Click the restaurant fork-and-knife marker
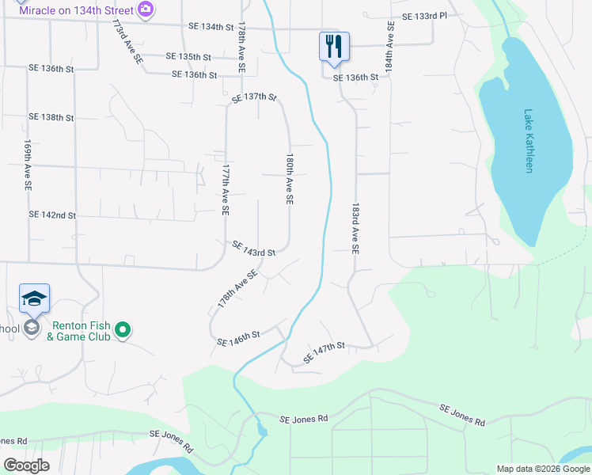[333, 46]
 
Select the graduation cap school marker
[34, 298]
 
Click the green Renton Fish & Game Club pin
[122, 329]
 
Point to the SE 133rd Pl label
[424, 16]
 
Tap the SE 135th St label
[189, 57]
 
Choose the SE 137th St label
[254, 97]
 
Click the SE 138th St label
[51, 117]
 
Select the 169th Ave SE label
[28, 165]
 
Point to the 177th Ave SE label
[225, 191]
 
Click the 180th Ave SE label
[290, 180]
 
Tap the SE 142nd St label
[52, 215]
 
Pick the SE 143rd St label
[253, 249]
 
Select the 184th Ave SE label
[389, 47]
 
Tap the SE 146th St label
[239, 339]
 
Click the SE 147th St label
[324, 353]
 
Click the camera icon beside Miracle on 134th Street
[145, 9]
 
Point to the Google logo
[26, 465]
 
